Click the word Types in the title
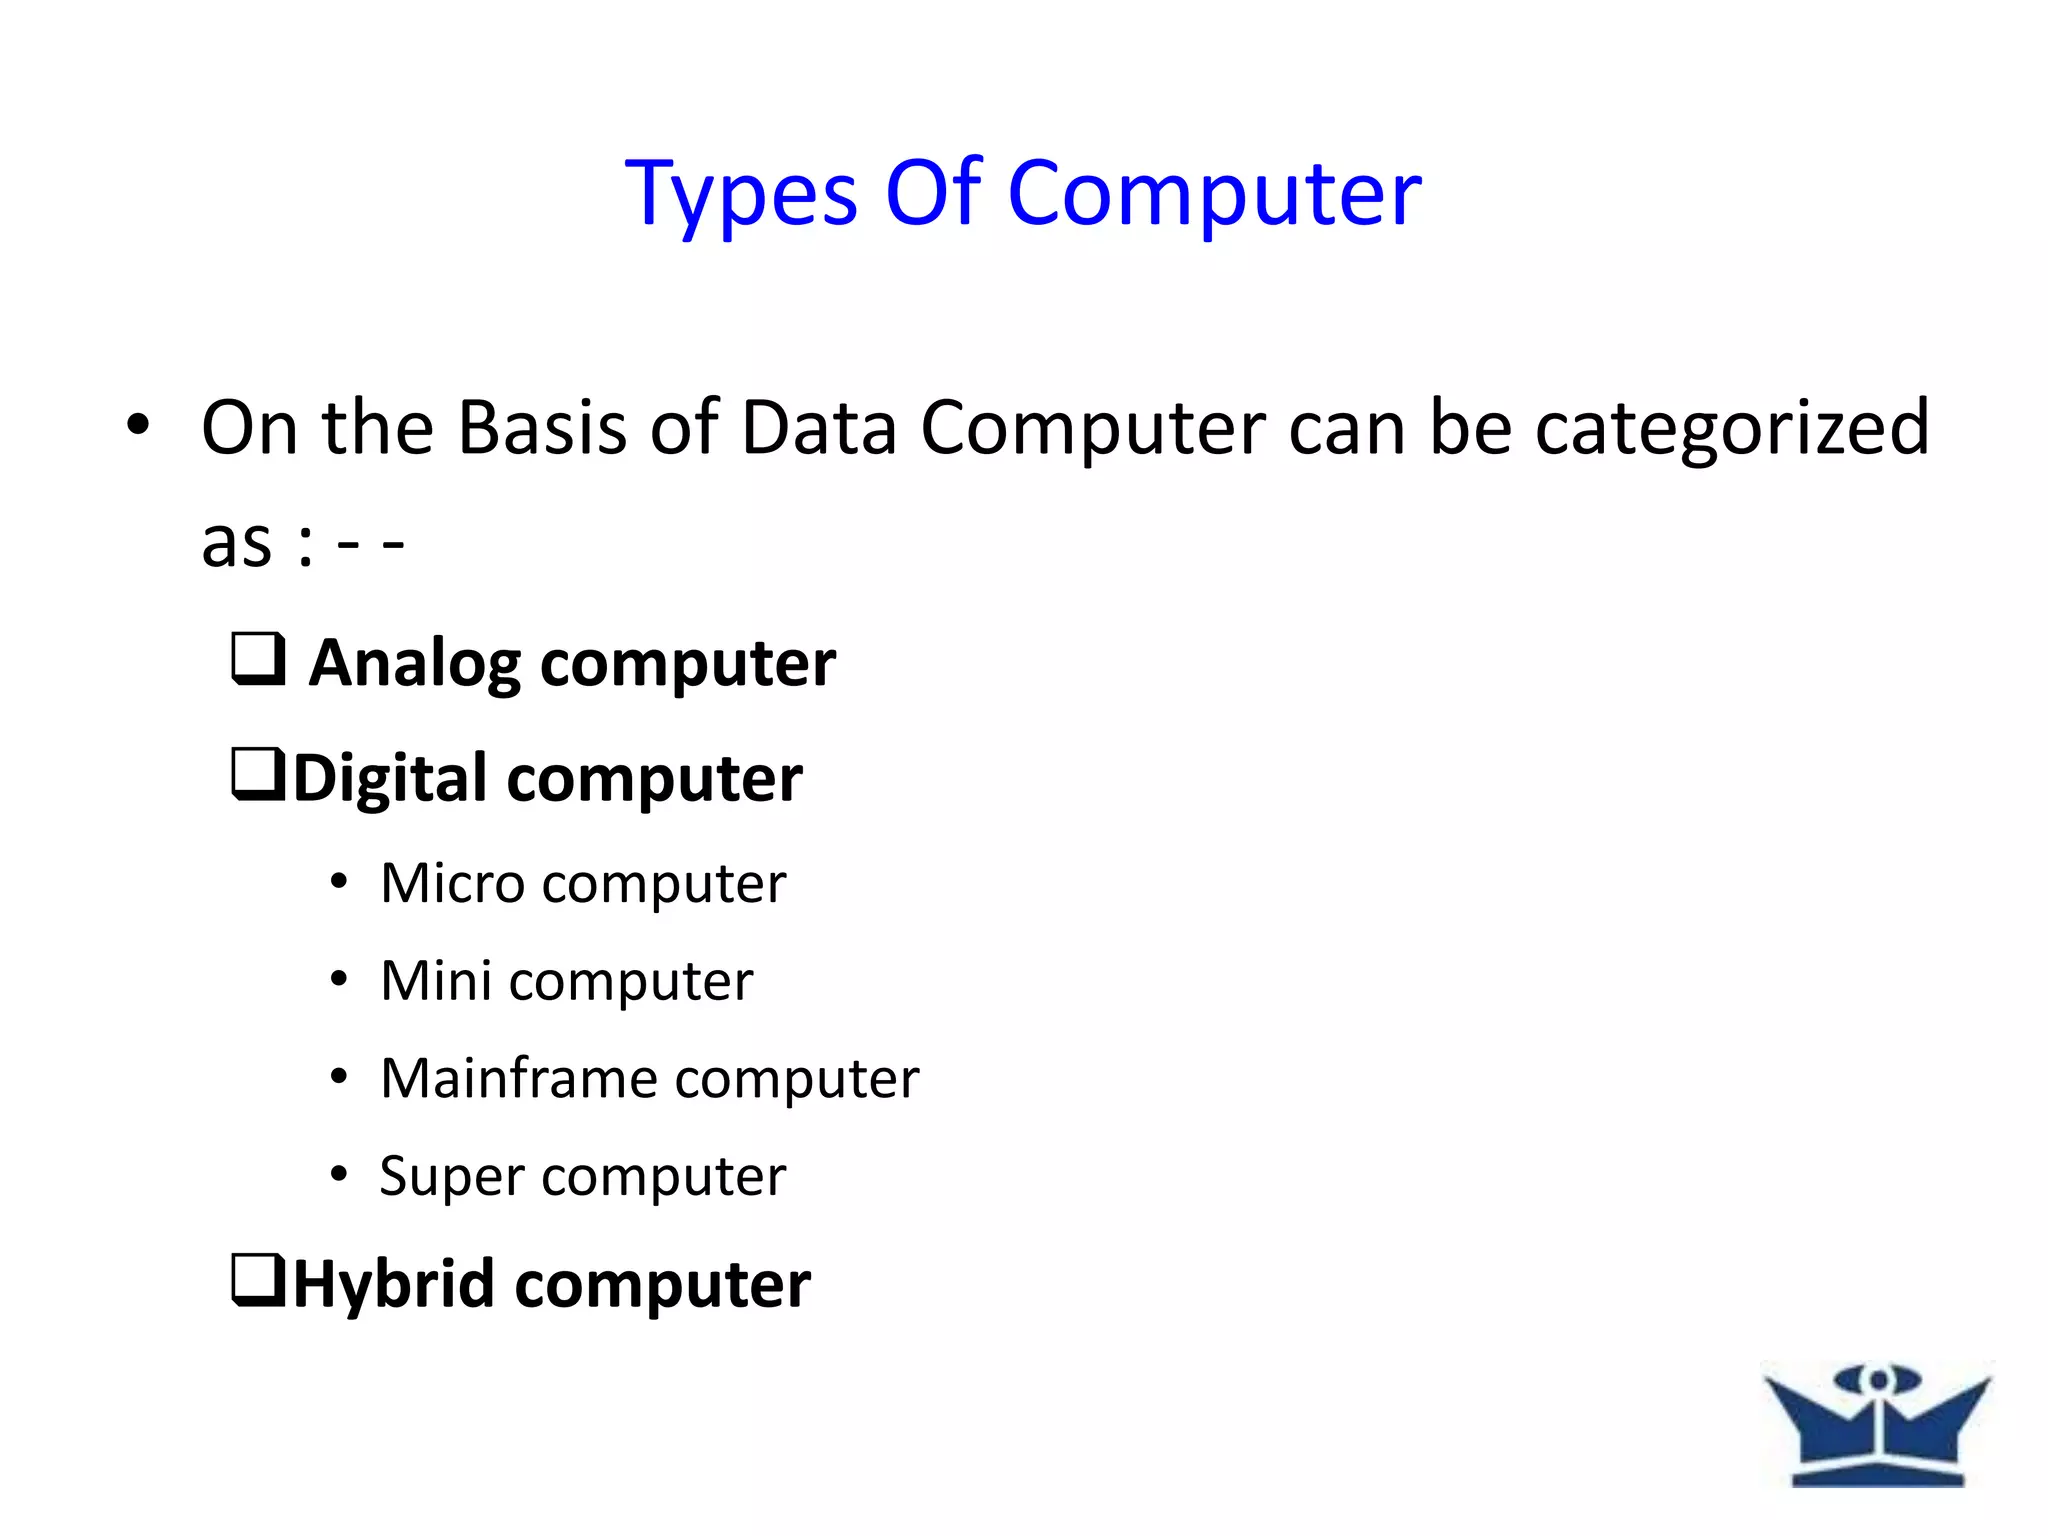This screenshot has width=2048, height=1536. click(x=741, y=195)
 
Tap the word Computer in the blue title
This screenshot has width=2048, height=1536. click(x=1214, y=195)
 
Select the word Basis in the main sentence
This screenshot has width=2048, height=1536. click(x=544, y=428)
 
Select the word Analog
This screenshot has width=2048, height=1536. click(x=414, y=665)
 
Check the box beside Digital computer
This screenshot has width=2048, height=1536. click(x=259, y=775)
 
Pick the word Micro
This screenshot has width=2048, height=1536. click(x=452, y=883)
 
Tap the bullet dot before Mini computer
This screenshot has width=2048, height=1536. click(x=339, y=979)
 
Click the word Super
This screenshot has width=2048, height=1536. click(x=450, y=1177)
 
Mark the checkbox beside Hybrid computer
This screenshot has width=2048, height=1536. click(x=259, y=1281)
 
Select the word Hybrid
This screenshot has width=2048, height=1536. click(x=393, y=1285)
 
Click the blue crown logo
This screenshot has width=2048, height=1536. click(x=1877, y=1424)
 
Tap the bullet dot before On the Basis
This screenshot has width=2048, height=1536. click(x=138, y=425)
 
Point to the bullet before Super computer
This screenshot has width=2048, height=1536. click(x=339, y=1174)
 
